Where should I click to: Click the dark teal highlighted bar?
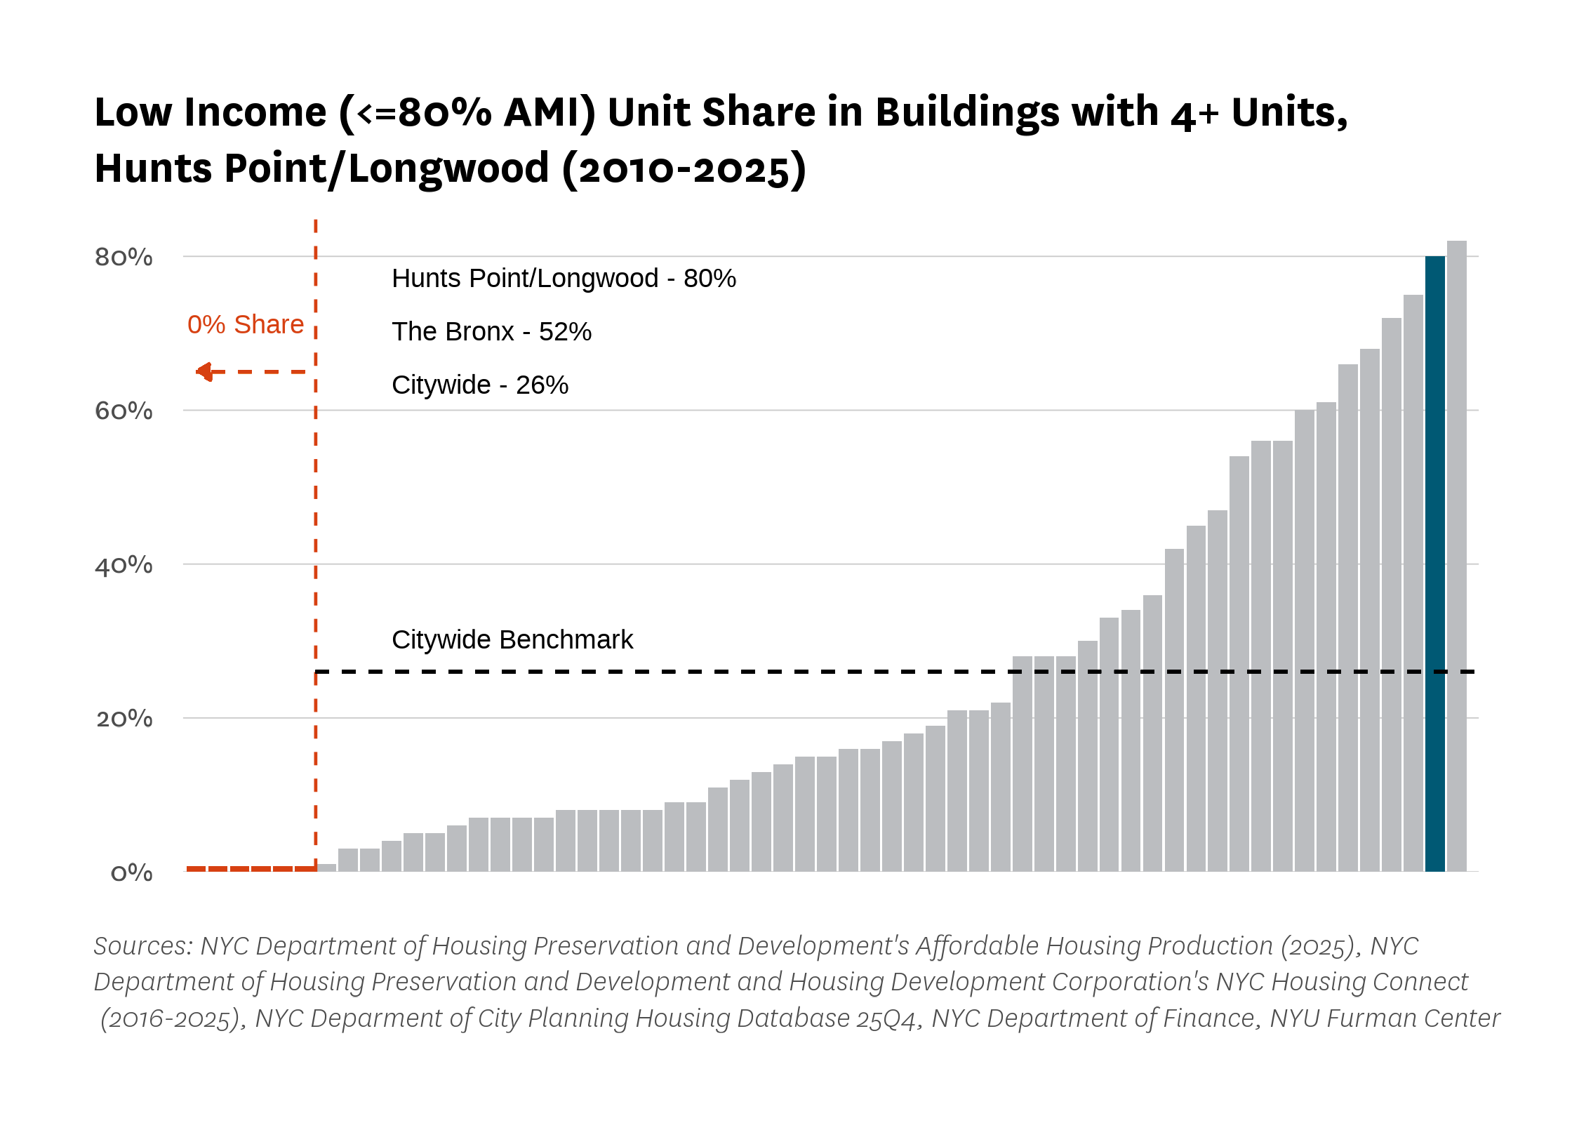pyautogui.click(x=1434, y=564)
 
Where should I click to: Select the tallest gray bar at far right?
pyautogui.click(x=1456, y=556)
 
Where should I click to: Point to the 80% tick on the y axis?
pyautogui.click(x=124, y=257)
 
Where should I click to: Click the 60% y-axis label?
pyautogui.click(x=124, y=411)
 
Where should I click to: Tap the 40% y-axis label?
pyautogui.click(x=124, y=565)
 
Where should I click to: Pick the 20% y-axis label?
pyautogui.click(x=124, y=719)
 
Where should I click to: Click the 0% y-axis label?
pyautogui.click(x=132, y=872)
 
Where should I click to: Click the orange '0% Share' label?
pyautogui.click(x=246, y=324)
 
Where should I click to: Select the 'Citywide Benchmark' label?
pyautogui.click(x=512, y=639)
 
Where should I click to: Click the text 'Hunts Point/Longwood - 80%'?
pyautogui.click(x=564, y=279)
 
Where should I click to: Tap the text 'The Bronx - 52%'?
pyautogui.click(x=491, y=331)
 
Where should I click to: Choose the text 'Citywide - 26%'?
pyautogui.click(x=480, y=385)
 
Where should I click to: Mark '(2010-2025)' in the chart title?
pyautogui.click(x=685, y=169)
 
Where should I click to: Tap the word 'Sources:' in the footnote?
pyautogui.click(x=144, y=945)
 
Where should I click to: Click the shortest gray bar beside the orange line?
pyautogui.click(x=326, y=868)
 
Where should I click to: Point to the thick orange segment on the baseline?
pyautogui.click(x=251, y=869)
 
